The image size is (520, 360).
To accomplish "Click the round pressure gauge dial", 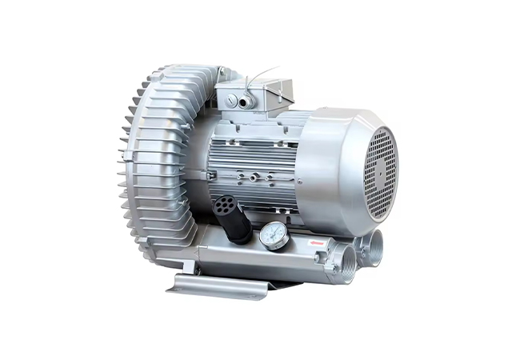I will pyautogui.click(x=274, y=235).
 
